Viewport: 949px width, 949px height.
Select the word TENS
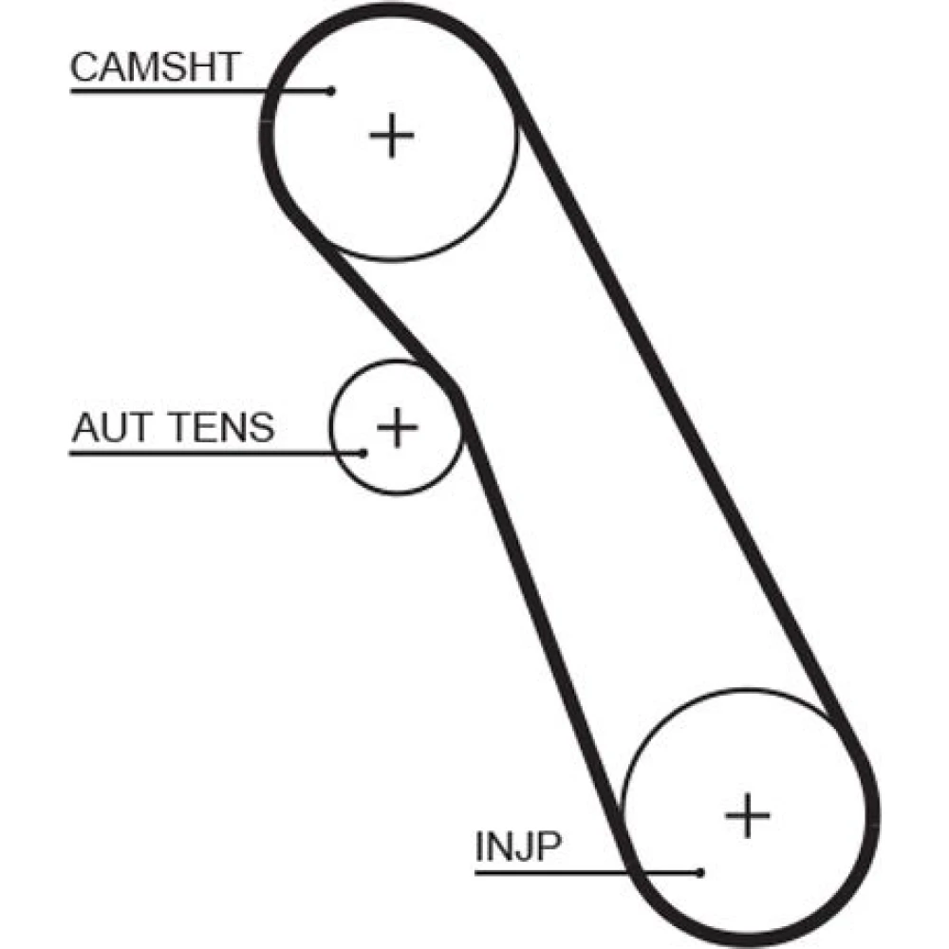pyautogui.click(x=222, y=428)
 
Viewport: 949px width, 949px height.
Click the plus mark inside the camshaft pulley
pyautogui.click(x=391, y=136)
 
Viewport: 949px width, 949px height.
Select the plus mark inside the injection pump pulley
pyautogui.click(x=748, y=814)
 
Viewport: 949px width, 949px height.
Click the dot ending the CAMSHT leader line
pyautogui.click(x=330, y=91)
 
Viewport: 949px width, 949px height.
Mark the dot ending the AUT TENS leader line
pyautogui.click(x=363, y=453)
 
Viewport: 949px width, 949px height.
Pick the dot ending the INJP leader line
pyautogui.click(x=699, y=871)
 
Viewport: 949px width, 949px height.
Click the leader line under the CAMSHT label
pyautogui.click(x=190, y=91)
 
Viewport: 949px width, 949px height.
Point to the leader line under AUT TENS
pyautogui.click(x=209, y=453)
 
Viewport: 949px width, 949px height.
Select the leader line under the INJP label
pyautogui.click(x=569, y=871)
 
